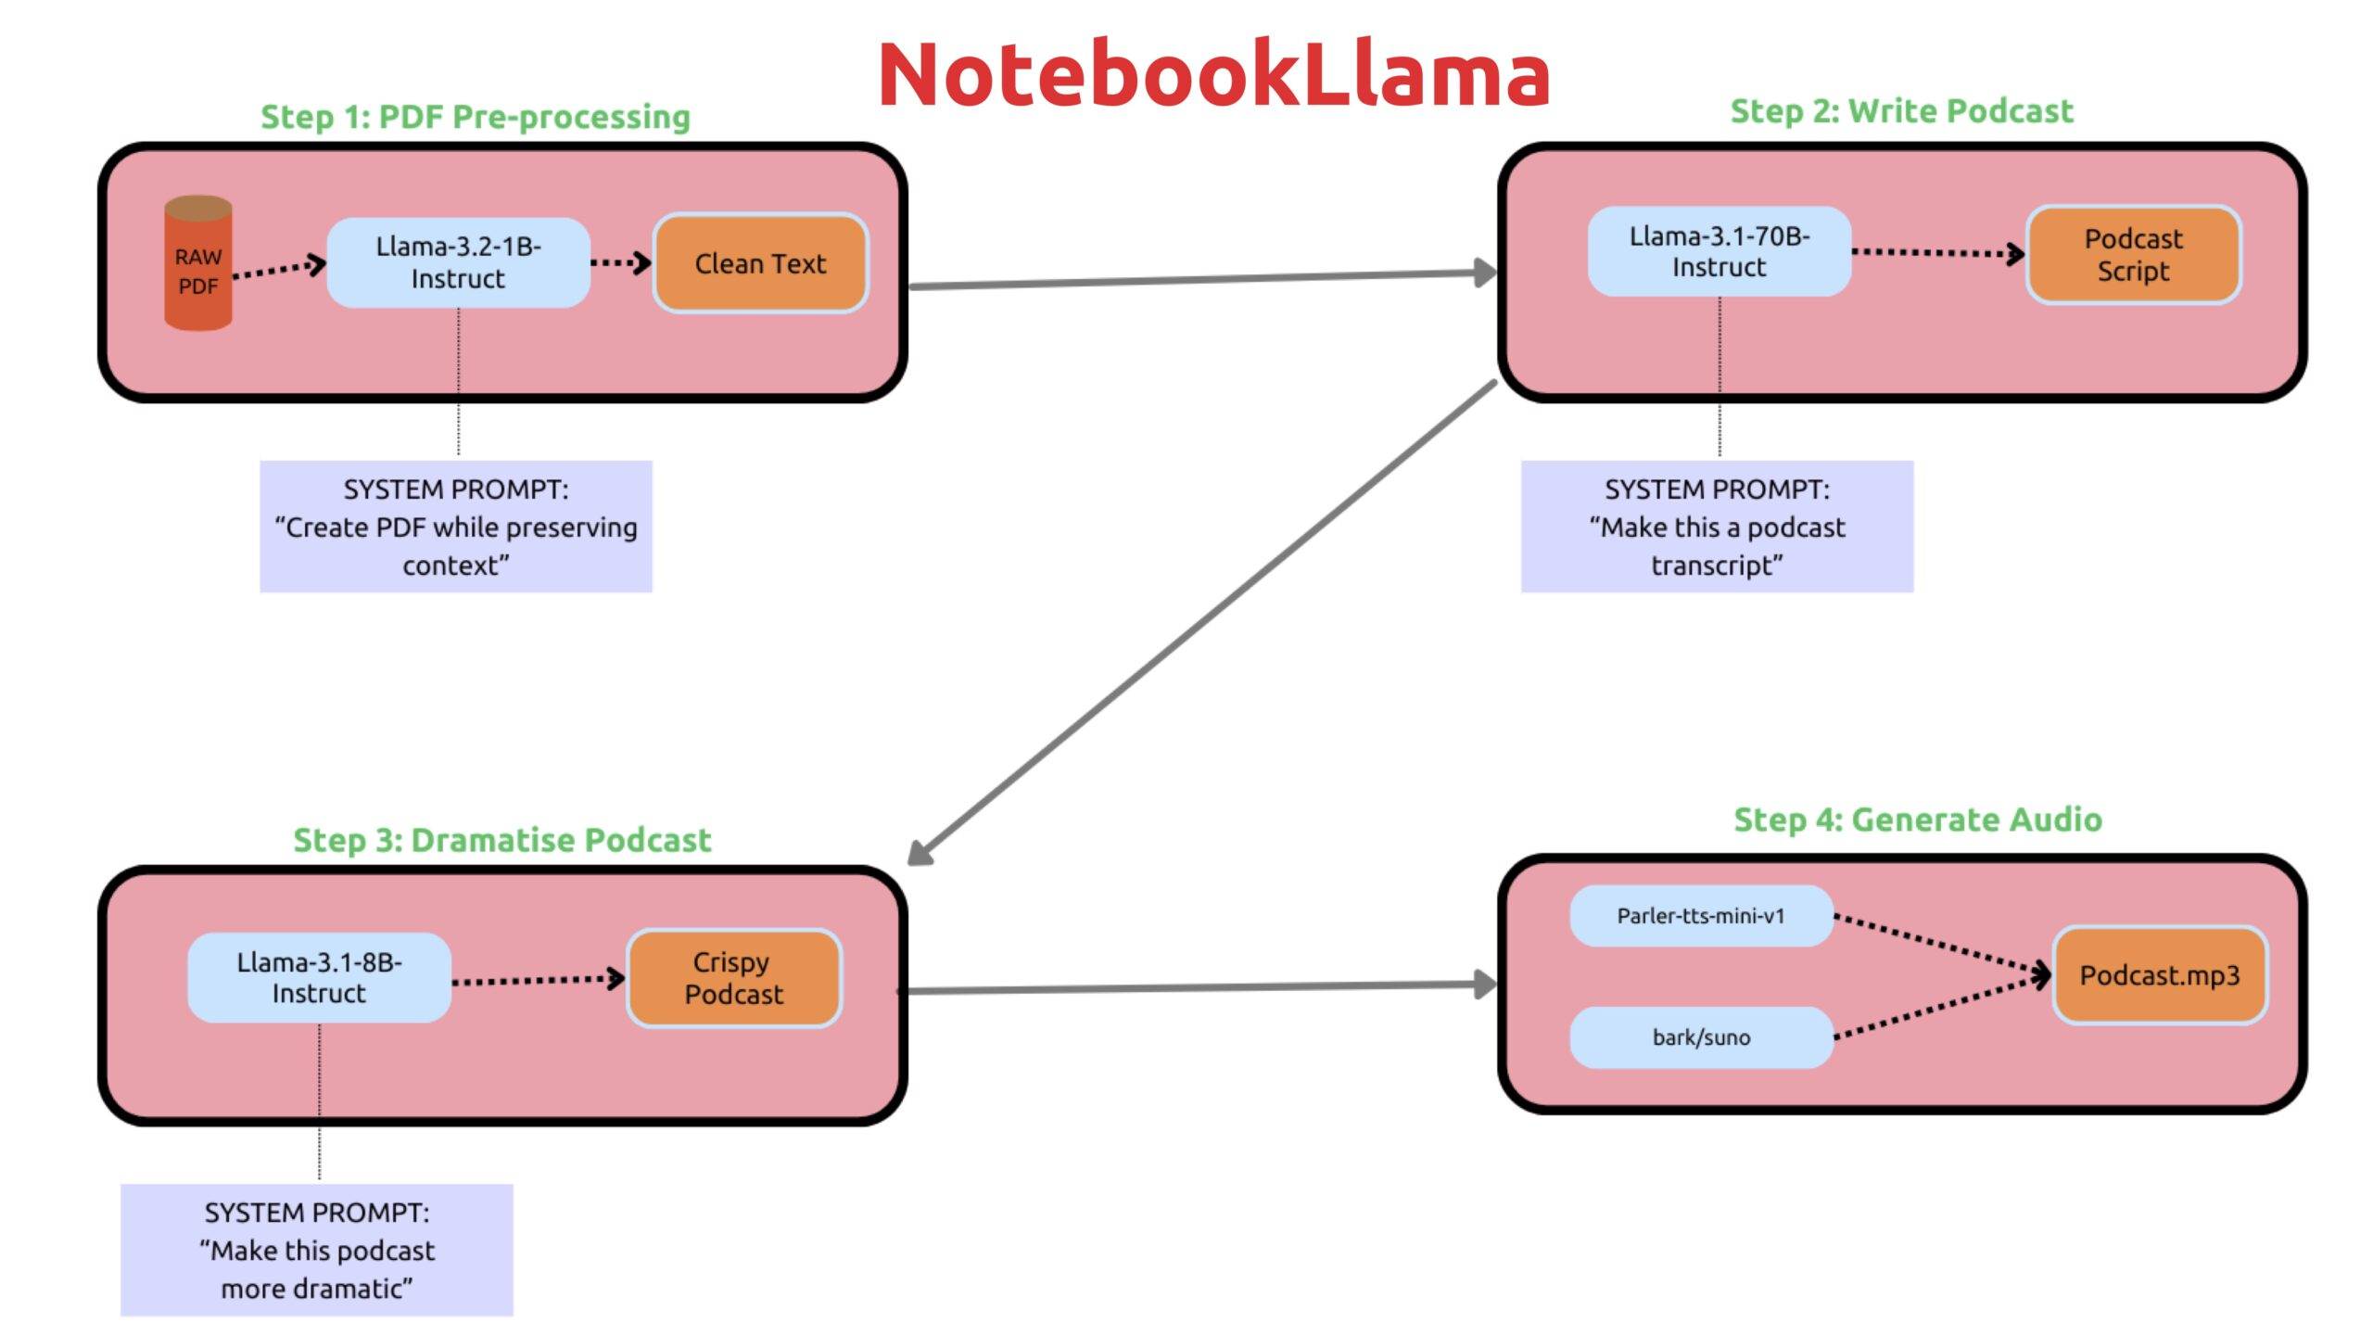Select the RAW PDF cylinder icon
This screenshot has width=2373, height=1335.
click(x=197, y=264)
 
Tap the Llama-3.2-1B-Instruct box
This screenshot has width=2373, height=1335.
click(x=458, y=262)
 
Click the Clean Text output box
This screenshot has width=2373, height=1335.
click(x=760, y=263)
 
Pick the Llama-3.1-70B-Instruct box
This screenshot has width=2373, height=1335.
click(x=1719, y=251)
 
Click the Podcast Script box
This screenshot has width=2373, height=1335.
click(x=2133, y=255)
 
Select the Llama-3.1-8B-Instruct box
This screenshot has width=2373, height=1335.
click(x=319, y=977)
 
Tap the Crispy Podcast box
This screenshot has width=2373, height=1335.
click(x=734, y=978)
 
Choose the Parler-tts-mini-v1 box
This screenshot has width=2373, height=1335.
click(x=1700, y=916)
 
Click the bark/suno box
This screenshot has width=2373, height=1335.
click(x=1700, y=1036)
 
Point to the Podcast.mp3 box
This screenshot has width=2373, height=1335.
click(x=2159, y=975)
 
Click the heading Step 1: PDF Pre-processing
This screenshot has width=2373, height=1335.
click(x=475, y=117)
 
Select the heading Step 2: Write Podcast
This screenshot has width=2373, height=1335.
click(x=1900, y=111)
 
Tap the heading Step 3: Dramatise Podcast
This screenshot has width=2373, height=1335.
click(x=501, y=840)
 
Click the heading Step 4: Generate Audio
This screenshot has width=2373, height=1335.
click(x=1917, y=820)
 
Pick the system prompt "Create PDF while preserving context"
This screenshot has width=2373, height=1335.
click(x=455, y=527)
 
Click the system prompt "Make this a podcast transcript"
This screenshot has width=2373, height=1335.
click(x=1717, y=527)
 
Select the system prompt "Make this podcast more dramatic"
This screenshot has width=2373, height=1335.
click(x=316, y=1250)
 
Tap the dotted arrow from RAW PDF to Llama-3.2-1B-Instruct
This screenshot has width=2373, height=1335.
click(x=278, y=269)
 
